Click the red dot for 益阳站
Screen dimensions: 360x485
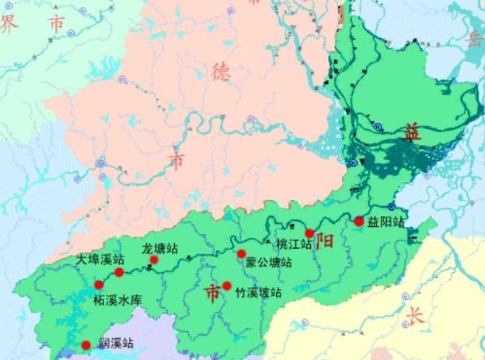click(x=358, y=222)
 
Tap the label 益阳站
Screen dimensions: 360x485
click(x=386, y=222)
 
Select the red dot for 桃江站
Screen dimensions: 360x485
click(x=309, y=232)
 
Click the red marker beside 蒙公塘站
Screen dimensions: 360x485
click(x=241, y=254)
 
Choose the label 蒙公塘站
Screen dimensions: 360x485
click(x=269, y=263)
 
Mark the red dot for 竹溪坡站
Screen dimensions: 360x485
click(x=226, y=285)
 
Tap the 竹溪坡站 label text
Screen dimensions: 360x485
click(x=257, y=293)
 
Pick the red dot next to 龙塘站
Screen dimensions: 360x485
click(x=154, y=260)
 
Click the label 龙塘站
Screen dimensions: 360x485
click(x=159, y=249)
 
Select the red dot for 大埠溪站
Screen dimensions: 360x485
click(x=119, y=272)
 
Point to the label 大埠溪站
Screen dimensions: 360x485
click(x=100, y=260)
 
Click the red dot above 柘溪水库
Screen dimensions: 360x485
click(x=99, y=285)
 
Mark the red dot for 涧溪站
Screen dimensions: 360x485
click(x=85, y=345)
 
